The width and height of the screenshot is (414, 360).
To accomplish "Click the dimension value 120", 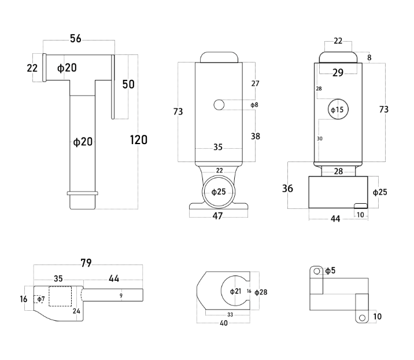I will (x=139, y=139).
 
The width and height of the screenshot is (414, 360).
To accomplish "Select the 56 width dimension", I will (x=76, y=39).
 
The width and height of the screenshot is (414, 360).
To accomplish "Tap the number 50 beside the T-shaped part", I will (x=128, y=85).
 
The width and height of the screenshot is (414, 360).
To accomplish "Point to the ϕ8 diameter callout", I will (x=254, y=105).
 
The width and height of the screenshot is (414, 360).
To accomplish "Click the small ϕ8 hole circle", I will (x=219, y=105).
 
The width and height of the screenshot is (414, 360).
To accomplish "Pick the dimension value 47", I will (x=217, y=216).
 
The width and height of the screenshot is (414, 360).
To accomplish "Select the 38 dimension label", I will (x=256, y=136).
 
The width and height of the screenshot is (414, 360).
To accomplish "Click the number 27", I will (x=255, y=83).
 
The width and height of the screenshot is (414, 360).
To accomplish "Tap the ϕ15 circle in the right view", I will (x=337, y=109).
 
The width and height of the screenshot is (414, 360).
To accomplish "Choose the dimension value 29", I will (x=338, y=72).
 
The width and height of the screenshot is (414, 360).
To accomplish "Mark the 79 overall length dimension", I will (x=86, y=263).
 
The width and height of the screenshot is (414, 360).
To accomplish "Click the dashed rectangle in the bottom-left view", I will (x=60, y=296).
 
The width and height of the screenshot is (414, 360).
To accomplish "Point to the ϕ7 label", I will (x=40, y=299).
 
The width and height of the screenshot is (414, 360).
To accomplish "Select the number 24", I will (x=76, y=311).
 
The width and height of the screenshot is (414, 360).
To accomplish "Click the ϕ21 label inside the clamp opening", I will (x=235, y=291).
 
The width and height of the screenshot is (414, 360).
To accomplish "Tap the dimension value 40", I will (x=223, y=324).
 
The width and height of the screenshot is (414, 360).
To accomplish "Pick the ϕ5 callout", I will (x=330, y=270).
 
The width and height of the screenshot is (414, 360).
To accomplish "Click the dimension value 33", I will (x=230, y=314).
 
